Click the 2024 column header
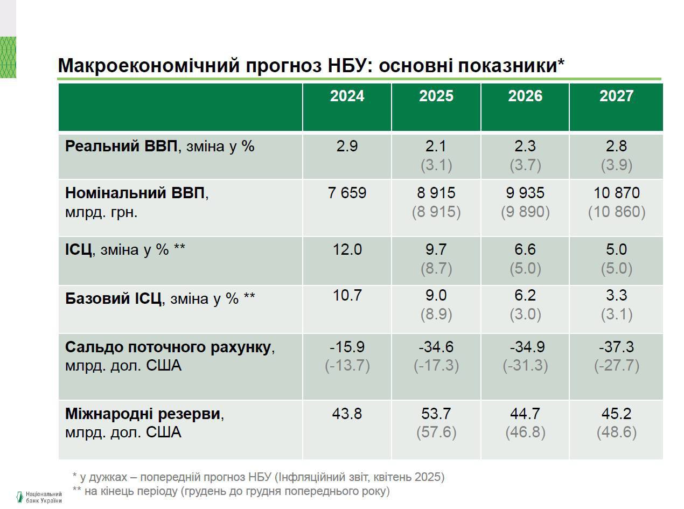point(347,96)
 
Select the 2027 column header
point(616,96)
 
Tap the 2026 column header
point(525,96)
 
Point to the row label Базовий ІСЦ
point(113,298)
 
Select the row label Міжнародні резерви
point(143,414)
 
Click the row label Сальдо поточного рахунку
point(167,347)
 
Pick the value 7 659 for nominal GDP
point(347,193)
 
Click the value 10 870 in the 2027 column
point(616,193)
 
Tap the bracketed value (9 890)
point(525,212)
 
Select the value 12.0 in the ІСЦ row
point(347,250)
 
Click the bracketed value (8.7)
point(436,269)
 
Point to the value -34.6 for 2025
point(436,347)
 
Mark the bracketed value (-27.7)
point(616,366)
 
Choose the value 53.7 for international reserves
point(436,414)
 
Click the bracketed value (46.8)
point(525,433)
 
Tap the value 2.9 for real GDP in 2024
point(347,146)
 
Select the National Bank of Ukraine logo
point(39,497)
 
